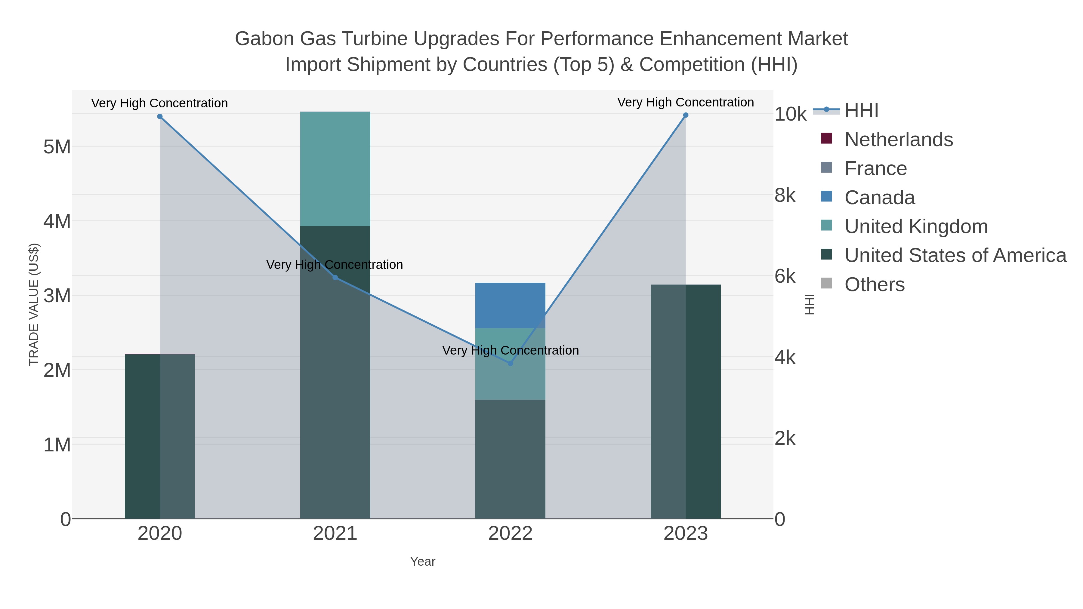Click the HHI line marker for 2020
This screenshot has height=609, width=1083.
click(x=160, y=116)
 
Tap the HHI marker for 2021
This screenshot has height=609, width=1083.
click(x=335, y=277)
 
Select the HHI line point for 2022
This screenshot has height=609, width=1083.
click(x=511, y=363)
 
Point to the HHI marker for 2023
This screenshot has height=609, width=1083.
click(x=686, y=115)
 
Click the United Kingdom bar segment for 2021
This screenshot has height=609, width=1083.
click(x=335, y=168)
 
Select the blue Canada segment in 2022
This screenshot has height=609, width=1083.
click(x=511, y=305)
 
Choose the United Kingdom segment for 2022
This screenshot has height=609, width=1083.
click(x=511, y=378)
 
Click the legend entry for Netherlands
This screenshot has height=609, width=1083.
click(x=898, y=140)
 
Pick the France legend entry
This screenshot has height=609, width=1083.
click(x=875, y=168)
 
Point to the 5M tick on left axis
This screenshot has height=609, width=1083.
click(x=57, y=147)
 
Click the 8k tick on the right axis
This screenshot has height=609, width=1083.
click(x=785, y=195)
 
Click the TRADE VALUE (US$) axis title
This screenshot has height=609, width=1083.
click(x=34, y=304)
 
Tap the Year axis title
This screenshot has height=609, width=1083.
click(x=423, y=561)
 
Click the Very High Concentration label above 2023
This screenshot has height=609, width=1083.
click(x=685, y=102)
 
